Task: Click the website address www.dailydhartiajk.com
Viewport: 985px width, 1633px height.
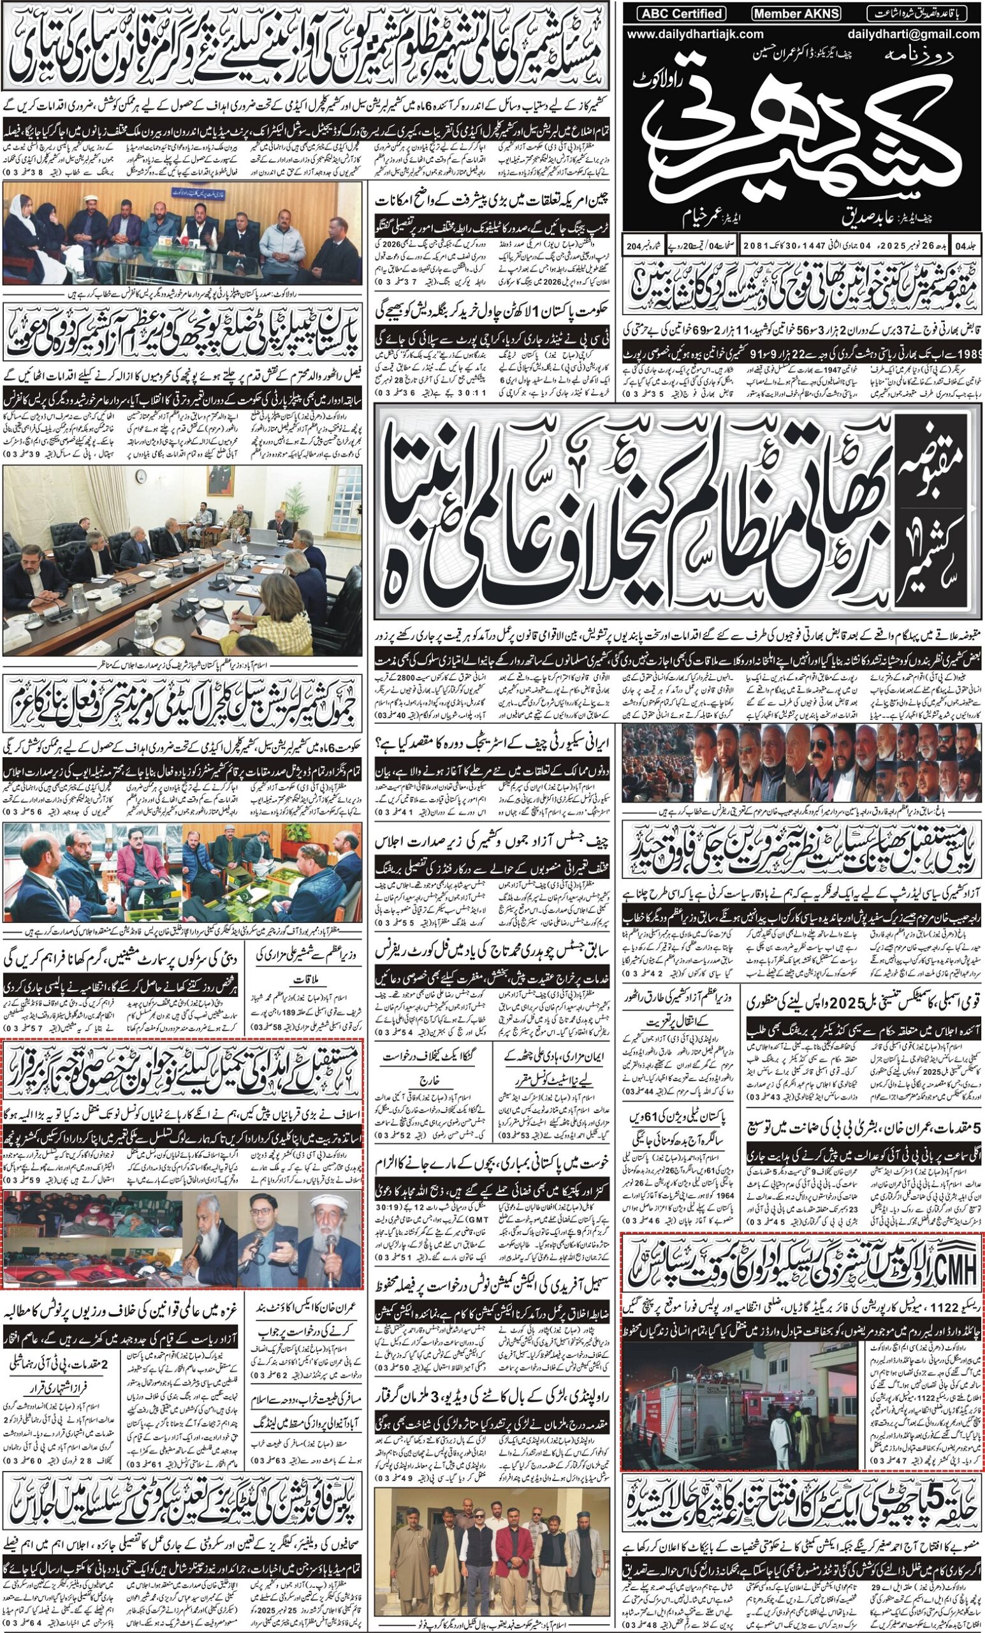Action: click(695, 34)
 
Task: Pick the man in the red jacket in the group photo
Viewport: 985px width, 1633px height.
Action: click(507, 1526)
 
